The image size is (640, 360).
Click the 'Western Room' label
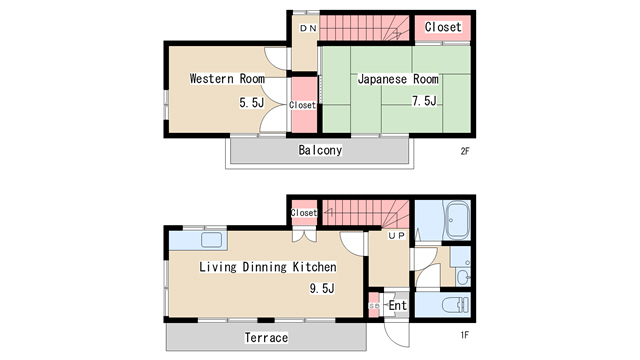coord(227,78)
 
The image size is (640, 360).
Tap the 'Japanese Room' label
coord(397,78)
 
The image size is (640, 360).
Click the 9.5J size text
coord(320,289)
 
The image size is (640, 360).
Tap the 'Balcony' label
coord(320,151)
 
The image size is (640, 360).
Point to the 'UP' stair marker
coord(396,237)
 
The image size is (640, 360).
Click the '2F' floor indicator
coord(465,151)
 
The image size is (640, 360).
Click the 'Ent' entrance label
coord(397,305)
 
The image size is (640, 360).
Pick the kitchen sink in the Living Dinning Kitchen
coord(211,239)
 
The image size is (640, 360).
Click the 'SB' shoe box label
coord(374,305)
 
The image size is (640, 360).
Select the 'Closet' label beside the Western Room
coord(302,105)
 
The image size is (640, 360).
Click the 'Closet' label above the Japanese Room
coord(442,27)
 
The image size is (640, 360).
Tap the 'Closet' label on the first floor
coord(304,212)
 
